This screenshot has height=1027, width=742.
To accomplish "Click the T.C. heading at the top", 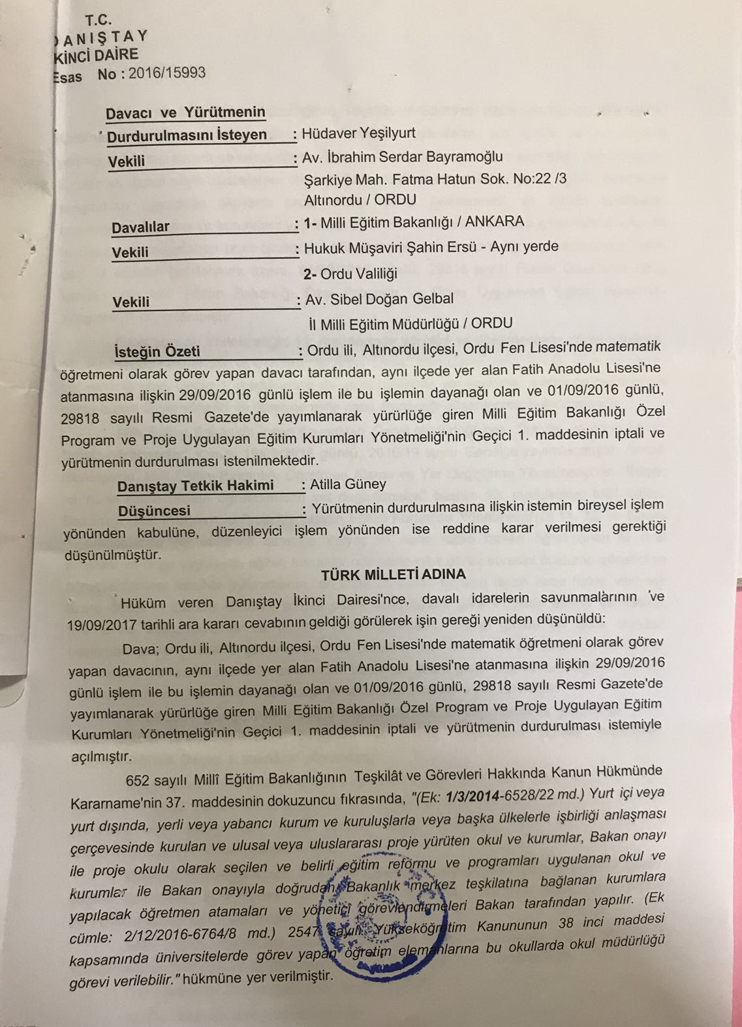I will point(98,20).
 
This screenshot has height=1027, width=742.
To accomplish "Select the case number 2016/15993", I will point(167,72).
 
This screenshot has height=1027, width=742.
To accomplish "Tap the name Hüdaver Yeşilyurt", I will point(359,133).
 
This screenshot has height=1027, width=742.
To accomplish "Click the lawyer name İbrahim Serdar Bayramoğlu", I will point(412,157).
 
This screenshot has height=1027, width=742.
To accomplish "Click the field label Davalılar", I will point(140,227).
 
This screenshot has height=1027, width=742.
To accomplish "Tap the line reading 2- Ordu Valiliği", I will point(350,274).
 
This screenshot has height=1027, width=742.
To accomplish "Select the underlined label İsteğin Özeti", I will point(157,351).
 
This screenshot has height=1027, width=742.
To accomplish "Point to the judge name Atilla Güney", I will point(348,484).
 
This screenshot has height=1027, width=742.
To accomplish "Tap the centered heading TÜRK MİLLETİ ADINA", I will point(393,575).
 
